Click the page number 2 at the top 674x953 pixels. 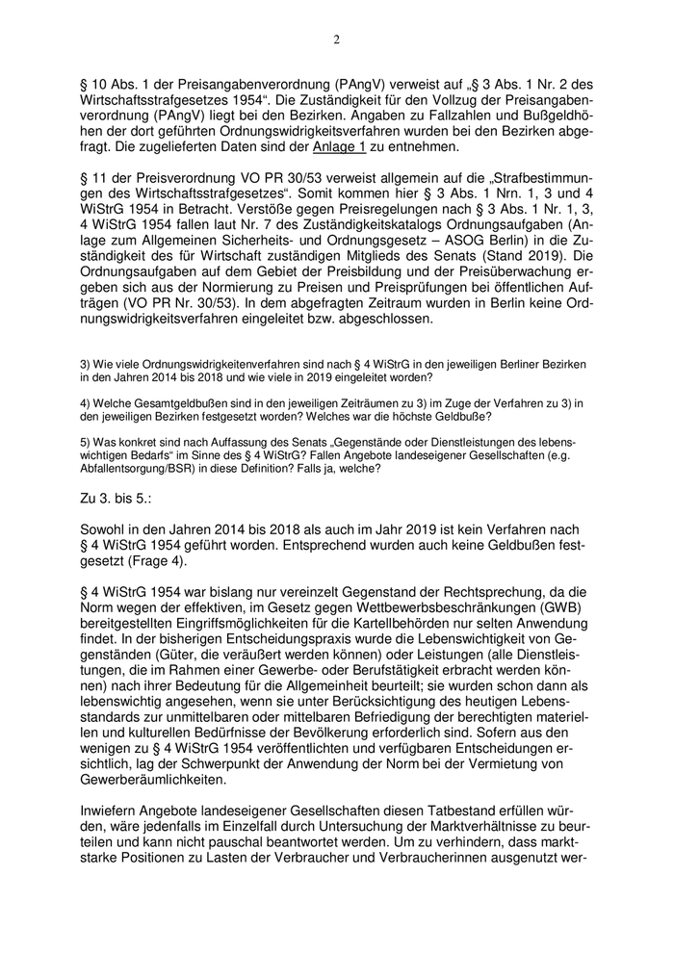tap(336, 39)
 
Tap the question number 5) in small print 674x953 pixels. tap(86, 441)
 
